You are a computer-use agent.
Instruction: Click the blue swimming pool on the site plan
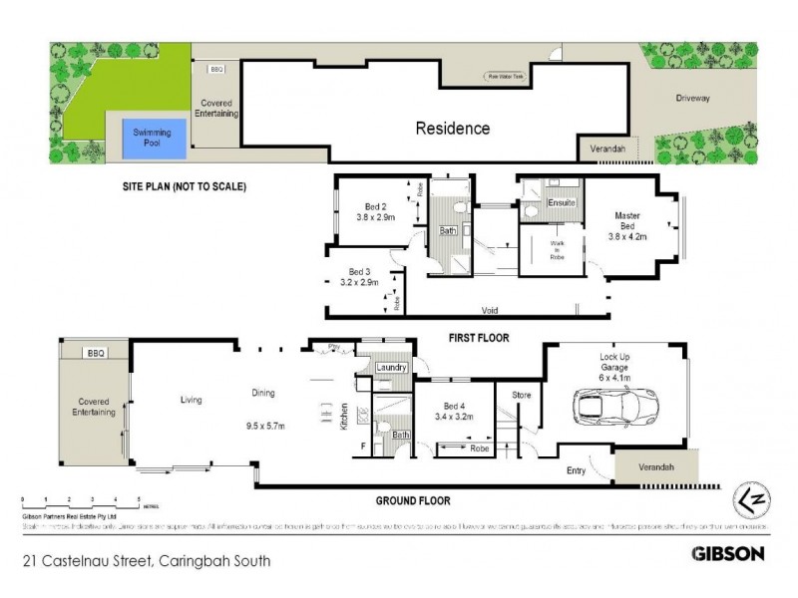[153, 139]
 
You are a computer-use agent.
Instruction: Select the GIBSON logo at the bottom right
[728, 552]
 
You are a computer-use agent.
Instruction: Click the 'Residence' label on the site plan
[452, 128]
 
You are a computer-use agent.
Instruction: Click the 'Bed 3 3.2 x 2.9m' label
[356, 276]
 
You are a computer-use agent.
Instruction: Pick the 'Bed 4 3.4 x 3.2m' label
[455, 412]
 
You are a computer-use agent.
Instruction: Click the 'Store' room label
[522, 395]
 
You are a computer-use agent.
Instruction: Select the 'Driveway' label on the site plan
[694, 98]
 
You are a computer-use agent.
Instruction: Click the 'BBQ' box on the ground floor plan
[96, 353]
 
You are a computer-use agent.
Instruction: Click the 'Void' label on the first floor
[489, 309]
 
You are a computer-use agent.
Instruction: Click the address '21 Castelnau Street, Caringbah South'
[146, 560]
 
